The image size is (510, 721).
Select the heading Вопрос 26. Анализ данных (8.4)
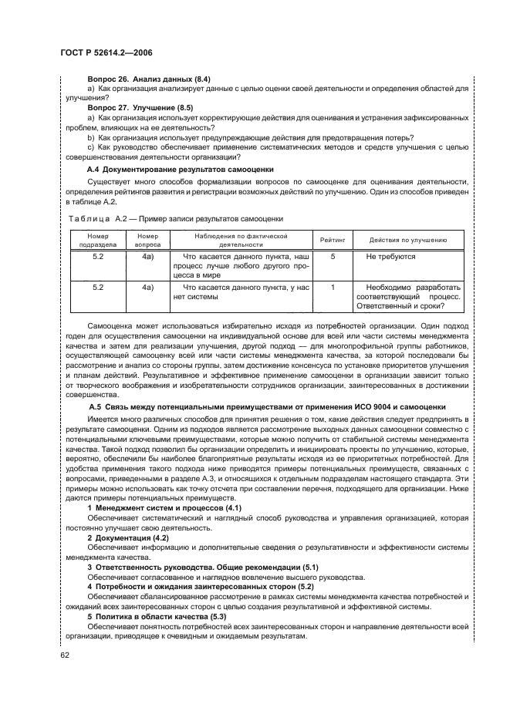click(x=145, y=79)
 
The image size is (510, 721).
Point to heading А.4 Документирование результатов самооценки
click(x=179, y=169)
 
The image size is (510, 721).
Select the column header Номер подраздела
click(x=98, y=240)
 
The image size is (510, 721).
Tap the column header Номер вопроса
click(x=148, y=240)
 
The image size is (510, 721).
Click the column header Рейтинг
click(x=333, y=240)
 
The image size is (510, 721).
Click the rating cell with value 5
click(x=333, y=256)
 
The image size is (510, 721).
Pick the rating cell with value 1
click(x=333, y=287)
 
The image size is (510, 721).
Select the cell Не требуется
click(x=390, y=256)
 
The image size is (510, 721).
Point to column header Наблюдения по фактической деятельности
click(x=241, y=240)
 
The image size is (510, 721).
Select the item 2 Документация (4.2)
click(x=128, y=537)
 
